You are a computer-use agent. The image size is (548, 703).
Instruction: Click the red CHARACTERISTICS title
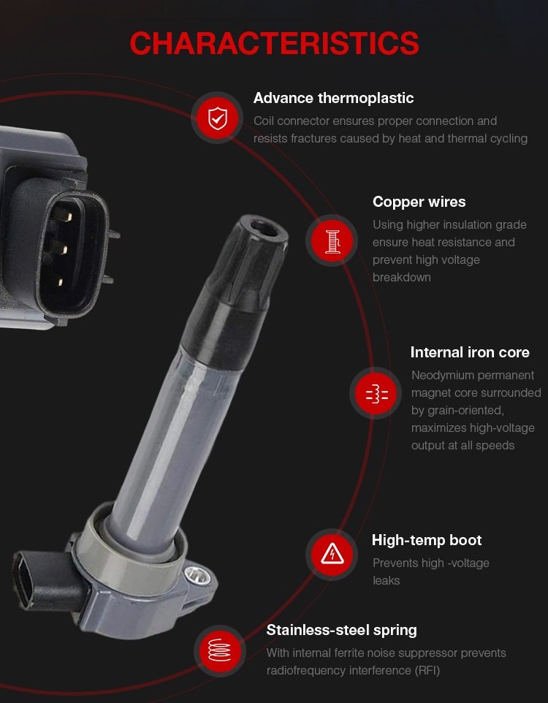(274, 44)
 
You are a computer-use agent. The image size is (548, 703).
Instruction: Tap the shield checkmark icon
(218, 118)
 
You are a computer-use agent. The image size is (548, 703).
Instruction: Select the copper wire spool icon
(332, 240)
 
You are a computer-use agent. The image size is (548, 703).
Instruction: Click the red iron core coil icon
(376, 394)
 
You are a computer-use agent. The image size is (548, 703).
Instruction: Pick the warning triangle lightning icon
(332, 555)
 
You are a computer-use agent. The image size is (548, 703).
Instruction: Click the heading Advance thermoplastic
(334, 98)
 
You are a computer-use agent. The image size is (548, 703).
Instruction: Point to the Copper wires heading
(419, 202)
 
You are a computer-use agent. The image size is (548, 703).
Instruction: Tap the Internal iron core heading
(470, 352)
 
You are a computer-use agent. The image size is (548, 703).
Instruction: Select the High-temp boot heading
(427, 540)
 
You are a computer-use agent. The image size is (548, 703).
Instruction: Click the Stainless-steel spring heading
(342, 631)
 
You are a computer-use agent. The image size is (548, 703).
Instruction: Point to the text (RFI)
(427, 671)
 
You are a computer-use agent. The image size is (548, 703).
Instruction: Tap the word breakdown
(402, 278)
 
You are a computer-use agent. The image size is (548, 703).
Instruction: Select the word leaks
(386, 581)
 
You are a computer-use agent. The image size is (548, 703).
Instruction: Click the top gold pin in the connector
(67, 217)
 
